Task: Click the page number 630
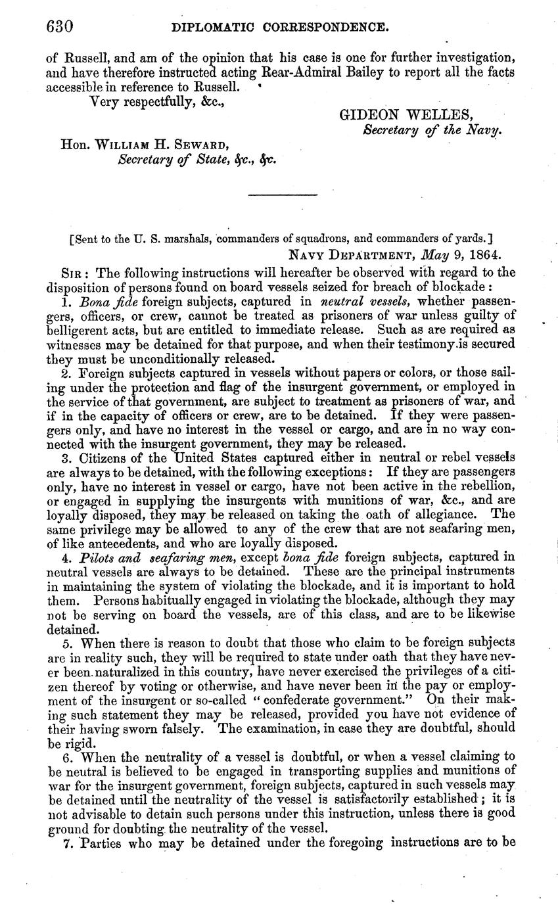click(59, 27)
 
